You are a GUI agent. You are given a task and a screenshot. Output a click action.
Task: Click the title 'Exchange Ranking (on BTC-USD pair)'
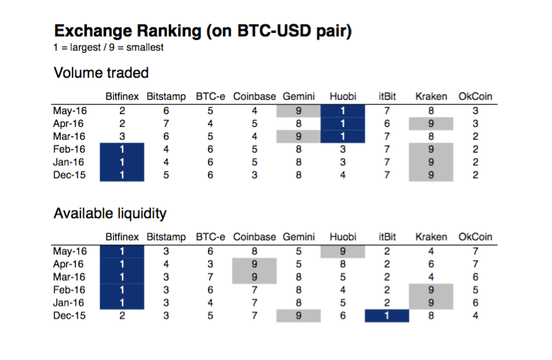coord(203,31)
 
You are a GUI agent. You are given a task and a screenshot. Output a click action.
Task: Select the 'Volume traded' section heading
coord(101,73)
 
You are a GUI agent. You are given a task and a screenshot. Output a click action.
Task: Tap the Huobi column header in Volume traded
coord(343,97)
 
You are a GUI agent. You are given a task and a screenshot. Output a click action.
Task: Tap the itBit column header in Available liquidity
coord(387,237)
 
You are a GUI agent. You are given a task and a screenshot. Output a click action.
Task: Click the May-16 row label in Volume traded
coord(69,110)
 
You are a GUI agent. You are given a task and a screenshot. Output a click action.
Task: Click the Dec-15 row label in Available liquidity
coord(69,316)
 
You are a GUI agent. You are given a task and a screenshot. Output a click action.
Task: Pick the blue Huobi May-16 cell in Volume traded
coord(343,110)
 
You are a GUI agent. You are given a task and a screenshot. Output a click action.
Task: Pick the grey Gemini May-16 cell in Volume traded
coord(298,110)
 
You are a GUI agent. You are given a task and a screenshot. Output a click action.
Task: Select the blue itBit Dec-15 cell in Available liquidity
coord(387,316)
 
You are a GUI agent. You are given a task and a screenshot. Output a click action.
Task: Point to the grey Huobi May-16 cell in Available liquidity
coord(343,251)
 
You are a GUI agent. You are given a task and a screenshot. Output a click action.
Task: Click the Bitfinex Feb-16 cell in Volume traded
coord(122,149)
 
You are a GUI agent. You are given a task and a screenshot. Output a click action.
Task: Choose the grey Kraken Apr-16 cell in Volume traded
coord(431,123)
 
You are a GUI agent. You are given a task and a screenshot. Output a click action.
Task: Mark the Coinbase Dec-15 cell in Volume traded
coord(254,175)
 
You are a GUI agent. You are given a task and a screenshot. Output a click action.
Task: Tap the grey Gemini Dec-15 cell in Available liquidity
coord(298,316)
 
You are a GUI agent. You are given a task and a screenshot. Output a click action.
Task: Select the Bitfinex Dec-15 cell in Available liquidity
coord(122,316)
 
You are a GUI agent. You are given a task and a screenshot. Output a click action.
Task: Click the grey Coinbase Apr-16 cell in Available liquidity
coord(254,264)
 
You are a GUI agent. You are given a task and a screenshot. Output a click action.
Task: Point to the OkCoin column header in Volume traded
coord(475,97)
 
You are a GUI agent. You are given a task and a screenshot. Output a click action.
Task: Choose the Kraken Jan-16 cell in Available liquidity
coord(431,302)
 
